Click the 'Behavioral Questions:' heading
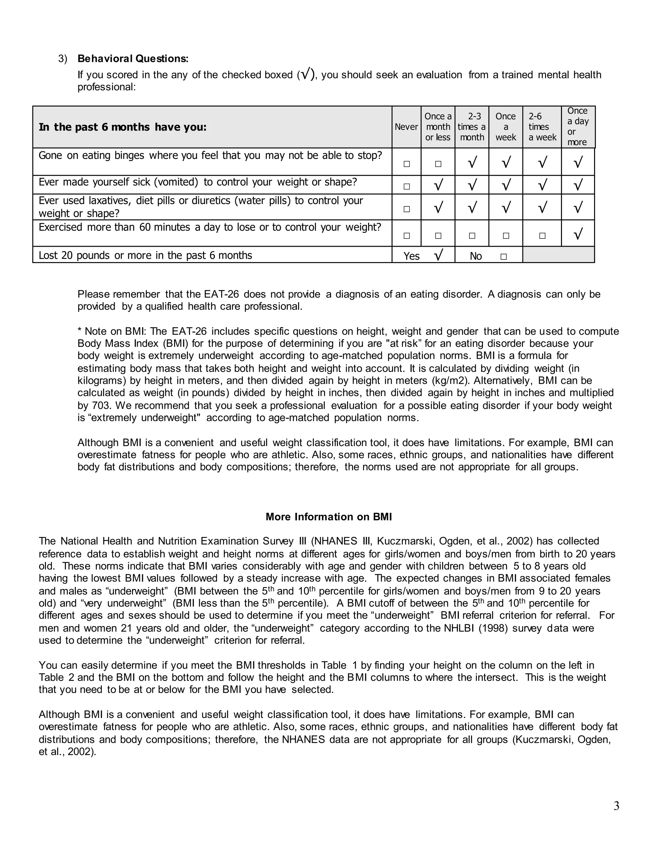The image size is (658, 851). (x=133, y=59)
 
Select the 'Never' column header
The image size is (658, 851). (x=406, y=127)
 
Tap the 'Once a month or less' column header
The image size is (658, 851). (x=438, y=127)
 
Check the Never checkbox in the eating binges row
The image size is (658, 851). (x=406, y=164)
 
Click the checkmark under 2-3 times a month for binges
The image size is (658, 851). (x=472, y=162)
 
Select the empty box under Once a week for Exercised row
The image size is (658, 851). (x=506, y=236)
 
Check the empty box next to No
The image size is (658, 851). (x=503, y=257)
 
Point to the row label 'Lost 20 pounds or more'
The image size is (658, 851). (x=146, y=256)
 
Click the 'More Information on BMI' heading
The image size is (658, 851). (x=329, y=517)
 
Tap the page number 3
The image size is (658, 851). (x=616, y=806)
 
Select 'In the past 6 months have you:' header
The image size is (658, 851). (x=122, y=127)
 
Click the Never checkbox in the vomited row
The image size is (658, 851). (x=406, y=187)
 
